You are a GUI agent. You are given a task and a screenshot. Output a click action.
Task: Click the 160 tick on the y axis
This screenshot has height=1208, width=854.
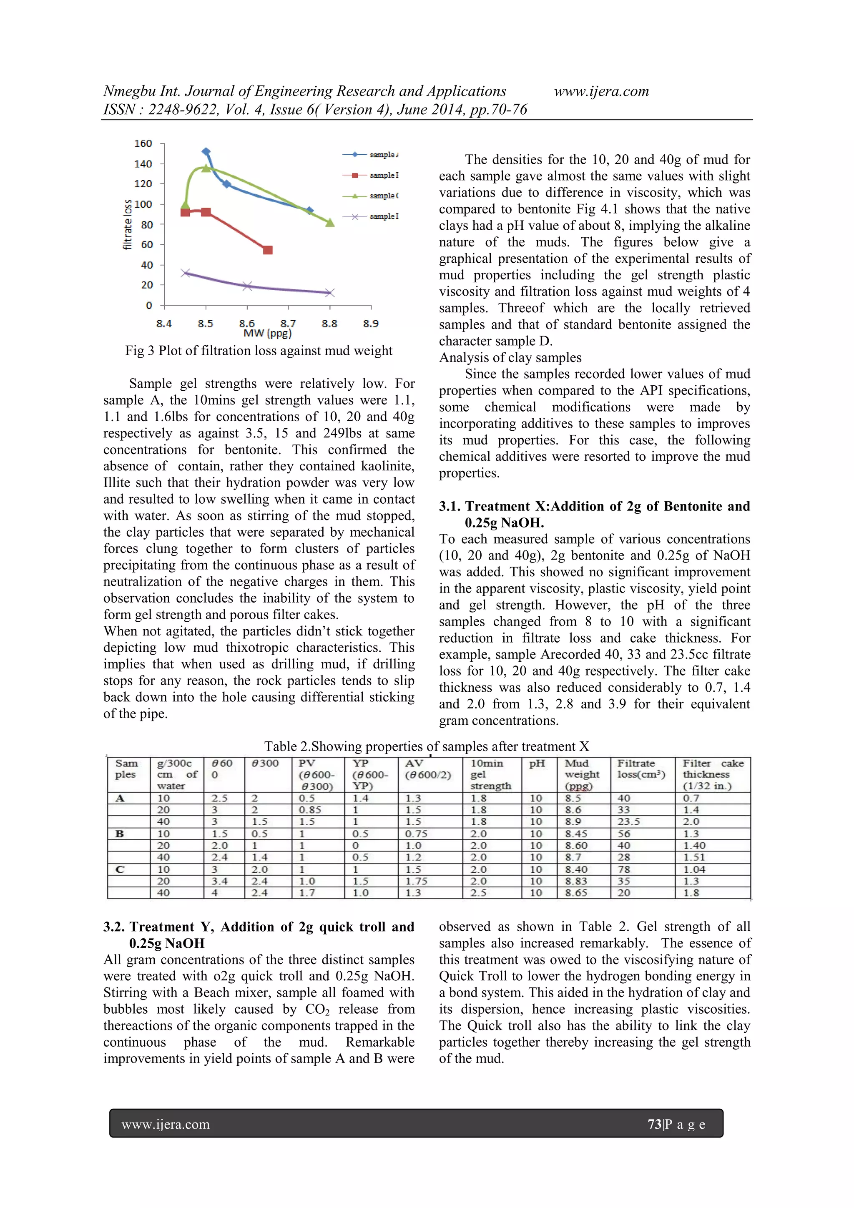click(143, 143)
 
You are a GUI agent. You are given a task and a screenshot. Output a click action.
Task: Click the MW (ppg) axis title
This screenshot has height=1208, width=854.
click(267, 333)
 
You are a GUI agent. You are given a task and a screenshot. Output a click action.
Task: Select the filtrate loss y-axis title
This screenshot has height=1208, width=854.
click(127, 225)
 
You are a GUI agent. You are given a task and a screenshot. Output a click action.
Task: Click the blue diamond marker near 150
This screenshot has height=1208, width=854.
click(206, 151)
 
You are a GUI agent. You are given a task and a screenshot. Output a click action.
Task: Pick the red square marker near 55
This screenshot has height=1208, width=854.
click(268, 250)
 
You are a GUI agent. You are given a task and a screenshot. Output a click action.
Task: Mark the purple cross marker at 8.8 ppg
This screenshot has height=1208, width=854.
click(329, 293)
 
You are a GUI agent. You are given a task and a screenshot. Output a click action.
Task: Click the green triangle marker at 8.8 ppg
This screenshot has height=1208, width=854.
click(330, 223)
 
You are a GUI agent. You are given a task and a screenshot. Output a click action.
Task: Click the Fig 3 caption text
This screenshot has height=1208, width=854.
click(259, 351)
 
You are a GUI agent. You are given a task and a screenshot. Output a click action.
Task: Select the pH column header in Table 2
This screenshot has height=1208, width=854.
click(537, 763)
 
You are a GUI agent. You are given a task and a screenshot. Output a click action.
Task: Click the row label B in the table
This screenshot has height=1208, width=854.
click(120, 834)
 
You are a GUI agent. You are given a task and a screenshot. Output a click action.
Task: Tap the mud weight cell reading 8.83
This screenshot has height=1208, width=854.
click(576, 881)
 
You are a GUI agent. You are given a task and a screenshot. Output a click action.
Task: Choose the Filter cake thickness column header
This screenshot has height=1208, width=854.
click(713, 774)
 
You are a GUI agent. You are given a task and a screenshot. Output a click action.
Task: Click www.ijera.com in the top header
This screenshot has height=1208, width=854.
click(601, 92)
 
